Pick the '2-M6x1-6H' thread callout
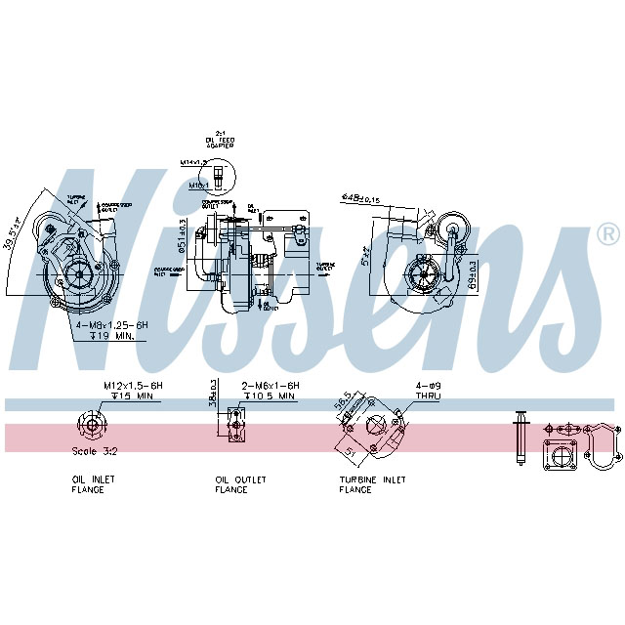pos(271,386)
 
